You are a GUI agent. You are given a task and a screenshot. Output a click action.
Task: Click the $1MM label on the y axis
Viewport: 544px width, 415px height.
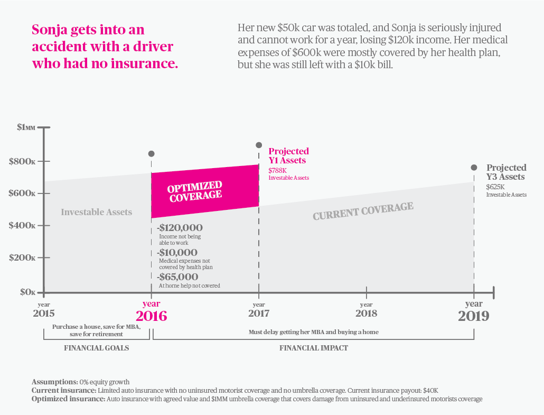point(26,127)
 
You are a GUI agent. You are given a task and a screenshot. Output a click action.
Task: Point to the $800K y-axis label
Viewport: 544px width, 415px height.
point(22,161)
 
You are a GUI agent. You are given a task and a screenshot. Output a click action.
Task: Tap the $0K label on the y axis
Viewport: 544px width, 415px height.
point(26,291)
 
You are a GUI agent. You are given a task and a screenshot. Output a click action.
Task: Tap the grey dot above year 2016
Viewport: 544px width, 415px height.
point(152,154)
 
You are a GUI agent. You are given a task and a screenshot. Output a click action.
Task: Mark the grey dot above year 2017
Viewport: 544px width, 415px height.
point(259,145)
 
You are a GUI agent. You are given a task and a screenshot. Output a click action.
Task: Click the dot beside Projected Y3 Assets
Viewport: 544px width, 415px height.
point(474,168)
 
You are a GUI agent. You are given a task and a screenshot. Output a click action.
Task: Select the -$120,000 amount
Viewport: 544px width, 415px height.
point(180,228)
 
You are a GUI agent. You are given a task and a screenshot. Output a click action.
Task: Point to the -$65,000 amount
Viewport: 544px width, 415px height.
point(178,276)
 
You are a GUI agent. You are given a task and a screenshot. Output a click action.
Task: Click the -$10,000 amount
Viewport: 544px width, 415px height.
point(177,252)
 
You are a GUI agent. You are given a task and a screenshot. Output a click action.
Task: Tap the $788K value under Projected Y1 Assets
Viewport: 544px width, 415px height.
point(277,170)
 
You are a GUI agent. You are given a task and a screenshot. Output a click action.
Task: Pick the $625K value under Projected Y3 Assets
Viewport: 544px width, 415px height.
point(495,187)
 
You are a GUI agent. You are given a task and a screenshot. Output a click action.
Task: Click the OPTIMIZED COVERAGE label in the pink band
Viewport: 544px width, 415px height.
point(195,191)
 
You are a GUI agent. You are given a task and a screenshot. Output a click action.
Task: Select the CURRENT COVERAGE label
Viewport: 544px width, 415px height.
point(363,210)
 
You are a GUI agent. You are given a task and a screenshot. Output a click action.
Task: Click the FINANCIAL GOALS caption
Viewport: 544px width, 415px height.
point(97,348)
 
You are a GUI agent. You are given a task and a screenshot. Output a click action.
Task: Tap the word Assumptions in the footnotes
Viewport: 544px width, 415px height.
point(54,382)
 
